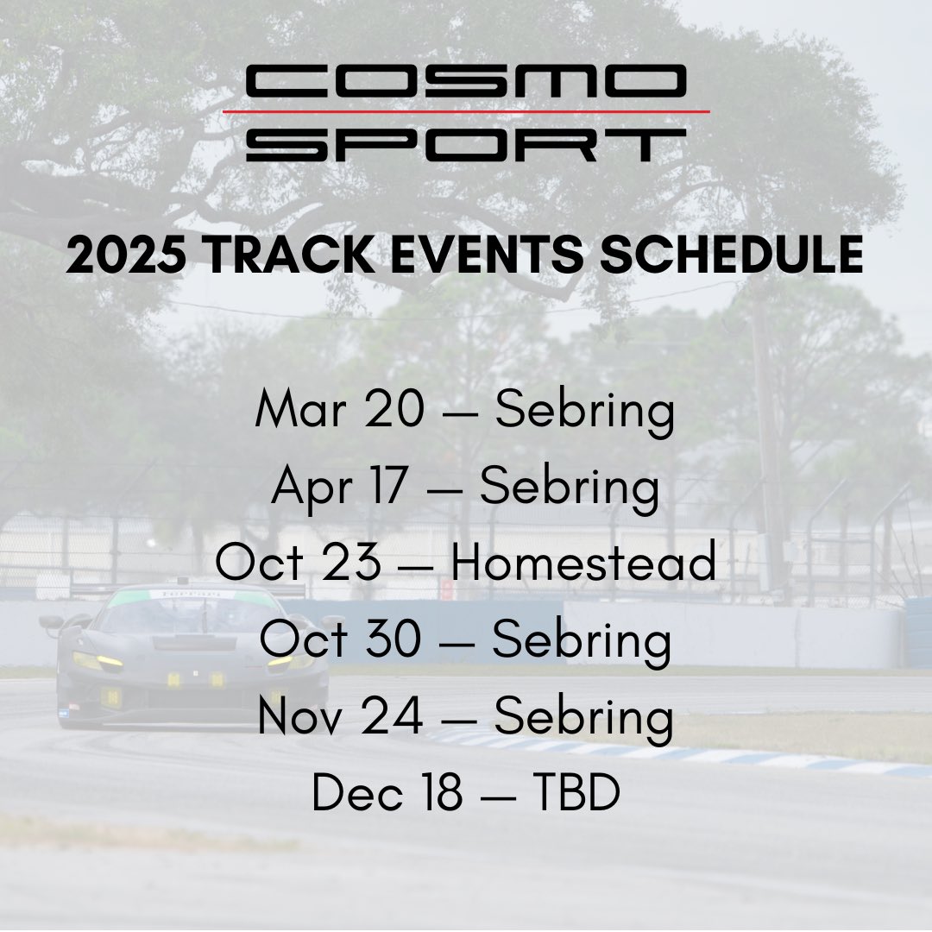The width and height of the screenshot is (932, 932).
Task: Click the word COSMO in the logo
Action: point(466,81)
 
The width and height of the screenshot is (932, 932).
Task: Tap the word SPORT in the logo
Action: point(466,144)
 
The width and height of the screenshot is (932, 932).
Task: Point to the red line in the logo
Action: point(466,111)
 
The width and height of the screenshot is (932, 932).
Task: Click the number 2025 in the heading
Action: point(126,255)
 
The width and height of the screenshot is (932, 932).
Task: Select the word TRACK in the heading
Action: point(288,255)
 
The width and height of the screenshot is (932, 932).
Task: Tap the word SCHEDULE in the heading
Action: point(731,255)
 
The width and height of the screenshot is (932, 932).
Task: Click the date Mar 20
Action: point(340,408)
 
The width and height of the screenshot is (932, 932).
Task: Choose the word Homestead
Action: point(583,561)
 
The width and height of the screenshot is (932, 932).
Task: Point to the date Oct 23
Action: point(298,561)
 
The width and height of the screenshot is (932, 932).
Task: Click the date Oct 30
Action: point(341,639)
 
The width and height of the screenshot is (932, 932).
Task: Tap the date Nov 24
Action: point(341,715)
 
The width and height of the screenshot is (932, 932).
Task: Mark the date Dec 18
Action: point(387,791)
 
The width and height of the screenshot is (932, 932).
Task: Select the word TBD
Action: point(576,791)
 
